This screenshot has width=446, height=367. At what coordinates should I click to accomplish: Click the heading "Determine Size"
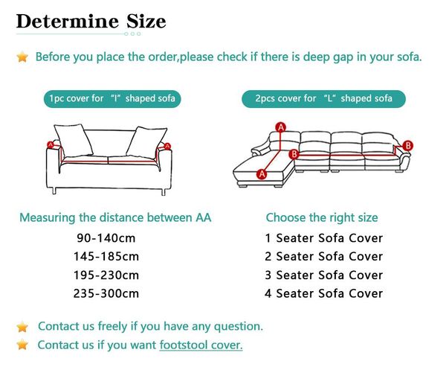91,22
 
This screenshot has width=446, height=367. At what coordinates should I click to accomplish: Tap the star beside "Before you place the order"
22,57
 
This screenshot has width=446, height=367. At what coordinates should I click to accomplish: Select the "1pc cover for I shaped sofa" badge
112,98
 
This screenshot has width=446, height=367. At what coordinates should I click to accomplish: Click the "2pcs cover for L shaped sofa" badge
323,98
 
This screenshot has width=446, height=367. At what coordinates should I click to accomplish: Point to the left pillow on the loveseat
74,141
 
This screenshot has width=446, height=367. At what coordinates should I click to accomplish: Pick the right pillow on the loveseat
146,142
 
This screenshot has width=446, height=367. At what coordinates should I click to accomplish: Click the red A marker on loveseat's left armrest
51,144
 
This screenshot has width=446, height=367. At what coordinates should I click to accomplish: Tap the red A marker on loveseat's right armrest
167,147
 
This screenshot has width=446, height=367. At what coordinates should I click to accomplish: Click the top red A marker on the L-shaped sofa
281,127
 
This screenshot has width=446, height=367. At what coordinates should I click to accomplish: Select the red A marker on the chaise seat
262,173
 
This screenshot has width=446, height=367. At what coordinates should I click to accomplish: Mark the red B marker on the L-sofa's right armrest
408,145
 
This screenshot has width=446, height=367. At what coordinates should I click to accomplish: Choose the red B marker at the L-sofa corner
294,154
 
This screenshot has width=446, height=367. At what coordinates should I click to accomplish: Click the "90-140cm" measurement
106,238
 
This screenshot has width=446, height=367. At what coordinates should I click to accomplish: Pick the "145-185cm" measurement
106,256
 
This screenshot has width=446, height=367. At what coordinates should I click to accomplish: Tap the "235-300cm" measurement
106,293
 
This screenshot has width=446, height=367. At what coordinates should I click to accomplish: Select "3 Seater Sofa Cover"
323,275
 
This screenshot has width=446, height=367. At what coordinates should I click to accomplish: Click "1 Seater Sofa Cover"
323,238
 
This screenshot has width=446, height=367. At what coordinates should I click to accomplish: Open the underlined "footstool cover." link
201,345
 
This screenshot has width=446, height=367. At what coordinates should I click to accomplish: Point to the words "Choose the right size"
322,217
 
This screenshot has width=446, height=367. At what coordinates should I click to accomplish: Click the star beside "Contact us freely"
22,327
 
